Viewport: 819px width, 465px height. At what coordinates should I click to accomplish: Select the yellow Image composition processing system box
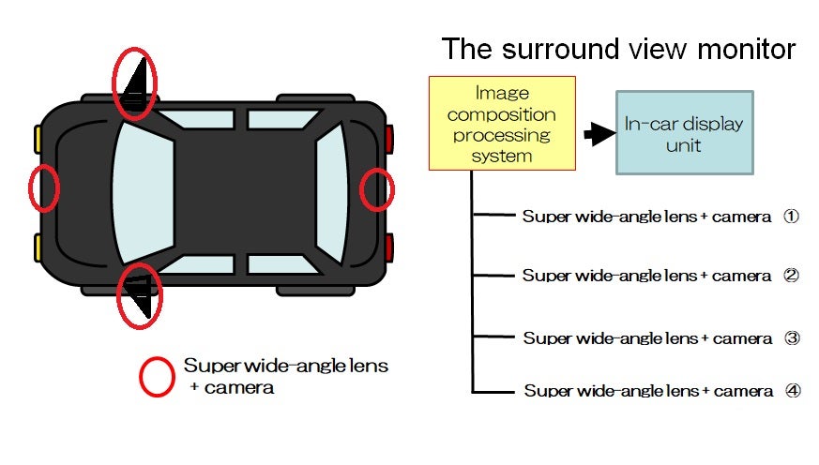pos(501,123)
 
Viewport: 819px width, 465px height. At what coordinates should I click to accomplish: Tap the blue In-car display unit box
pos(684,132)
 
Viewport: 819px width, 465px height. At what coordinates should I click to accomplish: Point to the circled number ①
pos(791,217)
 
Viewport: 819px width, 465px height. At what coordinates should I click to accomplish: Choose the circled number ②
pos(791,276)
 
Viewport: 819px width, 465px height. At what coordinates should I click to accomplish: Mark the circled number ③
pos(792,337)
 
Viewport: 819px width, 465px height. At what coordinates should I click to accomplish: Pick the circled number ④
pos(793,391)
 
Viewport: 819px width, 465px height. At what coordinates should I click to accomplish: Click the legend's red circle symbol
pos(157,376)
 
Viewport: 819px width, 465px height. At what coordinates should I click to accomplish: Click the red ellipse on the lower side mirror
pos(139,293)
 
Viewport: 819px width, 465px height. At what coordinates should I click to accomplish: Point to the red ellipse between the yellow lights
pos(43,187)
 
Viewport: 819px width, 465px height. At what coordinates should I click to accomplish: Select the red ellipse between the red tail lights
pos(378,188)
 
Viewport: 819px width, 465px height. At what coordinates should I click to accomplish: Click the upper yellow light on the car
pos(38,139)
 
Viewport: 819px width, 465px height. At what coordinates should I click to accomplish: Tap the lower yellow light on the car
pos(38,247)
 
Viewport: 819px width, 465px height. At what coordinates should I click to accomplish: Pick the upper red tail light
pos(388,139)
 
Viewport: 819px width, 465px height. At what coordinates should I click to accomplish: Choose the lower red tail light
pos(388,247)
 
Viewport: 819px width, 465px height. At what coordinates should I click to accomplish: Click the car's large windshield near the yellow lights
pos(141,192)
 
